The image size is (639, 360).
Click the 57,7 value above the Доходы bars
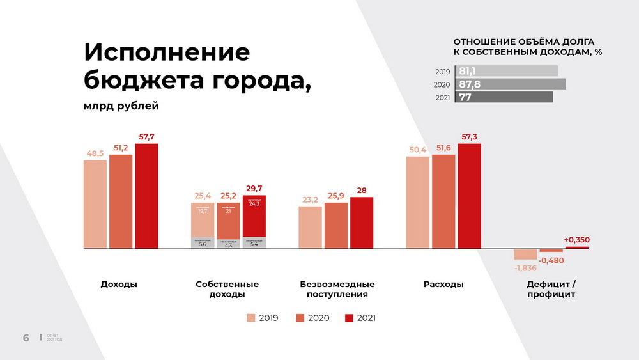(146, 137)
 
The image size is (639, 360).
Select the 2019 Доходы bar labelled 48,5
(95, 204)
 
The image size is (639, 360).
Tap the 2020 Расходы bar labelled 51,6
(443, 201)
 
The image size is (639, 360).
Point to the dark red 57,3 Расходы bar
(469, 196)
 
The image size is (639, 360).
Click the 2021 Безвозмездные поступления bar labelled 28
(362, 222)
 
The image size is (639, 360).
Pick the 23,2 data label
(310, 200)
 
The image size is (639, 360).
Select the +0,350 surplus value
(576, 240)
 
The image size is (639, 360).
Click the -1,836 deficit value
(526, 267)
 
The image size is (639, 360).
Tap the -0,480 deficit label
(551, 260)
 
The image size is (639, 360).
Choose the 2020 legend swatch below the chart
(300, 318)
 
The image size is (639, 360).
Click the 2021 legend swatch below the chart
(349, 318)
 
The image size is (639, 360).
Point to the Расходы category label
(443, 284)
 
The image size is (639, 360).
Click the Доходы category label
(119, 284)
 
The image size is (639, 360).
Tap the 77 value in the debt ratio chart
(465, 97)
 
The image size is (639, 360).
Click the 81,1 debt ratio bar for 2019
(506, 71)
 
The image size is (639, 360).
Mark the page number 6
(26, 338)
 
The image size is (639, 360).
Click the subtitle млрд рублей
(121, 106)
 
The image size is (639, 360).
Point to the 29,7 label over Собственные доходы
(254, 189)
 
